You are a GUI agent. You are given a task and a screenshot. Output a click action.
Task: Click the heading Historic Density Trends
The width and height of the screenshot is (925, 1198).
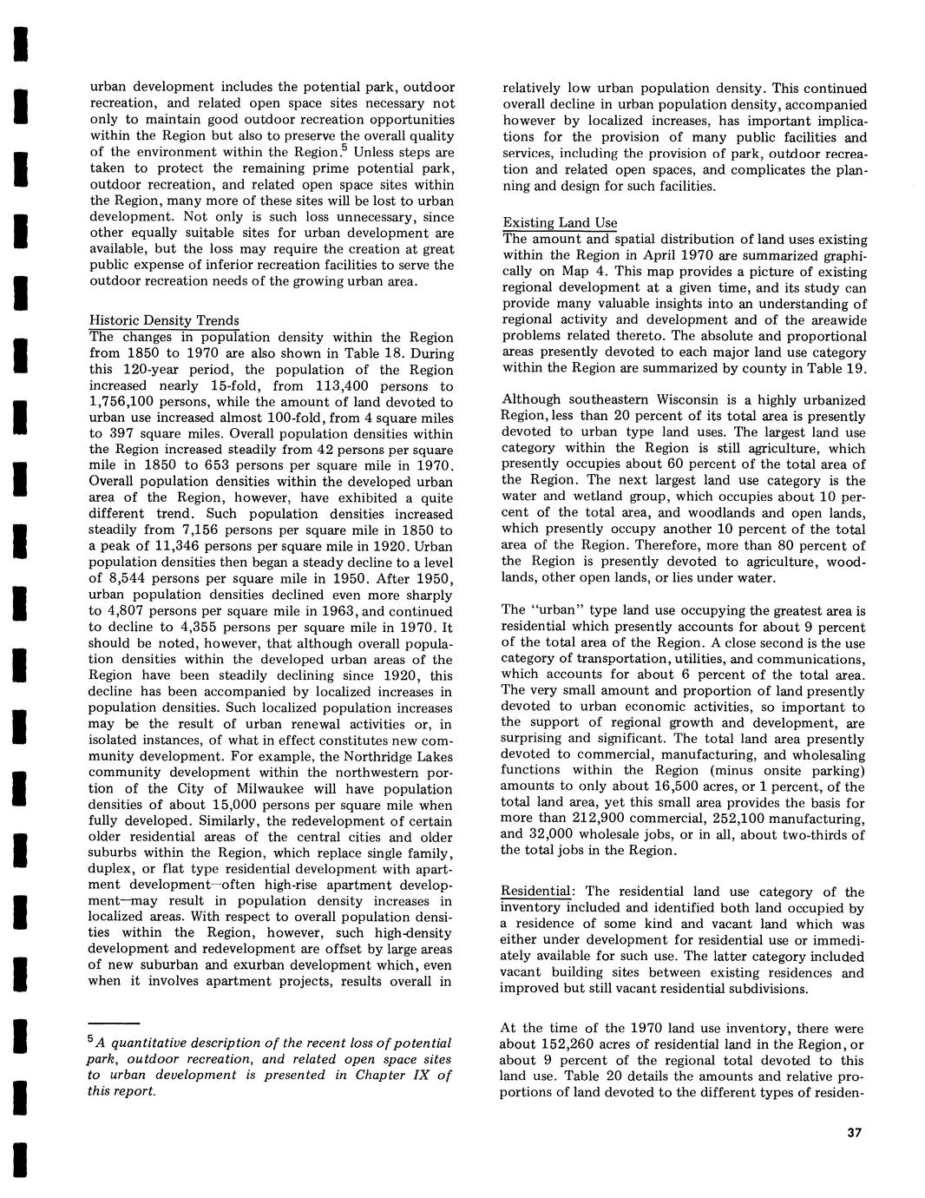tap(165, 321)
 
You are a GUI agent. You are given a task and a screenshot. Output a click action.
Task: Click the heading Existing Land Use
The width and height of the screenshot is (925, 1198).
tap(560, 223)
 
